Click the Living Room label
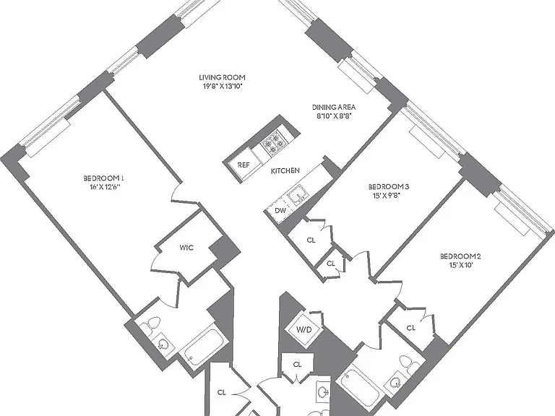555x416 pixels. tap(222, 77)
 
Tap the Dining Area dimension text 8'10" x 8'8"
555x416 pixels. tap(333, 116)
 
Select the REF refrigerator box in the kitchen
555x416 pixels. tap(243, 165)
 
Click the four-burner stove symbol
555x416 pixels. tap(274, 143)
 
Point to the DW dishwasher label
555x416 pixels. tap(280, 211)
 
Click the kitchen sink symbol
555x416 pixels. tap(297, 195)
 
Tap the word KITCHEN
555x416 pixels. tap(285, 171)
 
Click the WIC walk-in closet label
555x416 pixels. tap(186, 248)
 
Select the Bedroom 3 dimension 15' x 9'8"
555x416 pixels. tap(386, 195)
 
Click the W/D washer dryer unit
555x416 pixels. tap(304, 329)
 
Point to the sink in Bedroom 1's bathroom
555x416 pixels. tap(163, 344)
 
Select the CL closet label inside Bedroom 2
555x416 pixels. tap(411, 329)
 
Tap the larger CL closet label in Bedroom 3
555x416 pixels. tap(311, 240)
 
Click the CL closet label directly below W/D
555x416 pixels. tap(297, 364)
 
